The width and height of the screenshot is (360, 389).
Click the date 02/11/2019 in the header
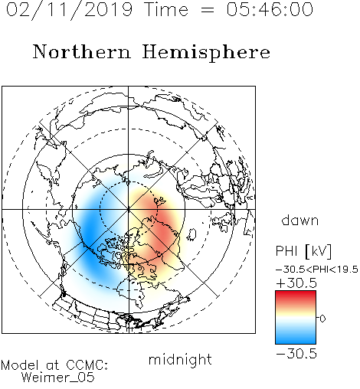tap(70, 10)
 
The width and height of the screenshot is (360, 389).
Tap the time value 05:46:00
tap(270, 9)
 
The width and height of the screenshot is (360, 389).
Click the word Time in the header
tap(166, 9)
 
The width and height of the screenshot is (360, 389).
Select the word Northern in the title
tap(82, 51)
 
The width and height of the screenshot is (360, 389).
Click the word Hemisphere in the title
tap(206, 53)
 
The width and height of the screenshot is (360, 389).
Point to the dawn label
tap(300, 220)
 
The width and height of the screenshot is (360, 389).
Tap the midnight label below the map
tap(180, 360)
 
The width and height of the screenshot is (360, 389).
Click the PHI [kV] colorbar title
tap(303, 251)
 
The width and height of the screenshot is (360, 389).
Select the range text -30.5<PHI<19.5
tap(317, 270)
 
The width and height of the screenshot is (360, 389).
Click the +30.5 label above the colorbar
tap(296, 283)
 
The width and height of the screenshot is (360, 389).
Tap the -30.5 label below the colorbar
tap(296, 354)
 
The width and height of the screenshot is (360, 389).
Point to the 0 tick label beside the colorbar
tap(322, 319)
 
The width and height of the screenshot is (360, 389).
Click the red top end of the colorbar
tap(296, 293)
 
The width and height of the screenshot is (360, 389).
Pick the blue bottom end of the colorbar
tap(296, 341)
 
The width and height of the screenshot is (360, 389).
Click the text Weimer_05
tap(57, 378)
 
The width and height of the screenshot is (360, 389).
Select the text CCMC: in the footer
tap(87, 365)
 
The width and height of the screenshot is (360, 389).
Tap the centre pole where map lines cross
tap(129, 210)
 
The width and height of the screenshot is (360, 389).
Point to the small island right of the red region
tap(191, 234)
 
